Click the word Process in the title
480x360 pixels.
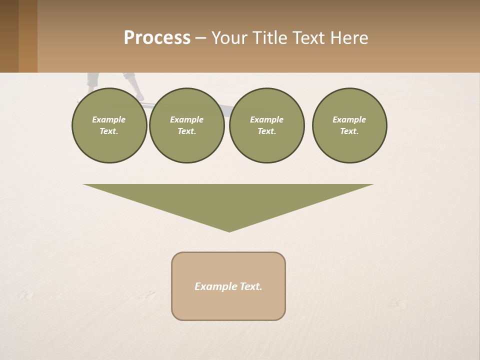tap(157, 38)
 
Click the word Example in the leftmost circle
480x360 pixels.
tap(108, 119)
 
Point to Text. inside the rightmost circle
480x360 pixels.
tap(349, 131)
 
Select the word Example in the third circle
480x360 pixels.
tap(266, 119)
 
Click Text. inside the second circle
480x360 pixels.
tap(186, 131)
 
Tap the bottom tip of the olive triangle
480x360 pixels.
tap(229, 230)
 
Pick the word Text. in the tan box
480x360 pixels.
tap(250, 286)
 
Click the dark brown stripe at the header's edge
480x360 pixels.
tap(9, 36)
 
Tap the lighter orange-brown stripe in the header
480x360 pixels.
tap(28, 36)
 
